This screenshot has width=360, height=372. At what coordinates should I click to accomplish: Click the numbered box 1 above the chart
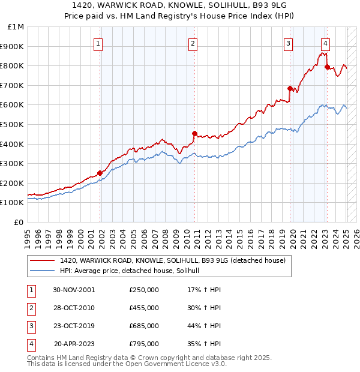click(x=98, y=43)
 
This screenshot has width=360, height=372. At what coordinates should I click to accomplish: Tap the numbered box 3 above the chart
click(x=288, y=43)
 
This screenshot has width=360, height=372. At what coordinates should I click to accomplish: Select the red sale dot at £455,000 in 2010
click(x=194, y=133)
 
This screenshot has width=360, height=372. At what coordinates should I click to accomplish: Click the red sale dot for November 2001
click(x=100, y=173)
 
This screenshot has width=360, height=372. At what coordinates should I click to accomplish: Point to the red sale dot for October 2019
click(x=290, y=88)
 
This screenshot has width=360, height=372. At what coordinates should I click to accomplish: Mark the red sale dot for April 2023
click(x=327, y=67)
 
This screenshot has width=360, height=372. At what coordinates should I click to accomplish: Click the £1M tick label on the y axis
click(x=16, y=27)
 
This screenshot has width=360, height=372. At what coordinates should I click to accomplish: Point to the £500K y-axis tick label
click(x=13, y=124)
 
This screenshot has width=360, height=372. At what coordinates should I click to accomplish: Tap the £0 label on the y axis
click(x=19, y=222)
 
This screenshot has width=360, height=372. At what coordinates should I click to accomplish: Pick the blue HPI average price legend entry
click(x=133, y=271)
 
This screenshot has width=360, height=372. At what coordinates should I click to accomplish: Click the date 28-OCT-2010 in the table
click(x=74, y=308)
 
